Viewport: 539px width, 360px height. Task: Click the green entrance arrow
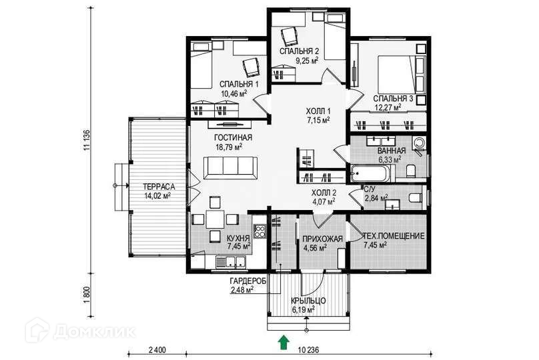point(284,343)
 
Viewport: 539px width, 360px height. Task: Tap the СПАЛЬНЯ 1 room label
point(239,84)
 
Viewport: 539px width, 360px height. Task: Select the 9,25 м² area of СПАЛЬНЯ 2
point(307,61)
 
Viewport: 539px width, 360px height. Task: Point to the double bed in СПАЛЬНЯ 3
point(396,74)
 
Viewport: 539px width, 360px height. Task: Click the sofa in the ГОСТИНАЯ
point(230,168)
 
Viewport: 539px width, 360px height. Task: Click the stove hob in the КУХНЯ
point(259,231)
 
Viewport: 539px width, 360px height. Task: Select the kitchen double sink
point(230,263)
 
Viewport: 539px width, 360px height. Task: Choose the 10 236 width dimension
point(308,350)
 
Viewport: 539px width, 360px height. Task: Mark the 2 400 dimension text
point(157,350)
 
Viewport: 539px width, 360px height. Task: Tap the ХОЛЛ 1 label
point(318,111)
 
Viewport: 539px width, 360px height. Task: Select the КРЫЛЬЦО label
point(308,301)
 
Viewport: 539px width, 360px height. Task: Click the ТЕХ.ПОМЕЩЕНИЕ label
point(394,237)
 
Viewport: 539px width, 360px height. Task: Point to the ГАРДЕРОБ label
point(248,281)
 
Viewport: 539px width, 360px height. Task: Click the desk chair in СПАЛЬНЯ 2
point(290,36)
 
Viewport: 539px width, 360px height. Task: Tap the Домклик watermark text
point(95,331)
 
